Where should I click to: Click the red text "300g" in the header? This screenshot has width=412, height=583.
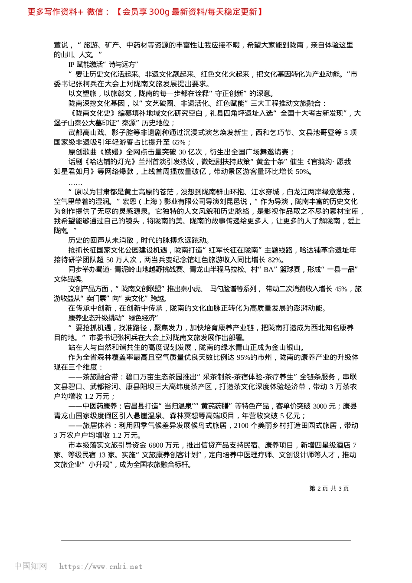(x=159, y=12)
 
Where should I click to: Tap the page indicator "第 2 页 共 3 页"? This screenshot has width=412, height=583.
(x=329, y=488)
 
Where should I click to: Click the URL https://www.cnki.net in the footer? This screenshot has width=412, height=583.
(x=101, y=567)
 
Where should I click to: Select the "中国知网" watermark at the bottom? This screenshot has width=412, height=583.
(x=30, y=566)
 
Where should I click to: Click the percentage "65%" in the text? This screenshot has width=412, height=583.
(x=179, y=142)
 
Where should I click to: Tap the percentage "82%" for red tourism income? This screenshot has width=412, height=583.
(x=275, y=260)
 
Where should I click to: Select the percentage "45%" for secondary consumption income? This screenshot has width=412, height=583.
(x=341, y=289)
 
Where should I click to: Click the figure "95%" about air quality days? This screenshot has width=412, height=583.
(x=244, y=357)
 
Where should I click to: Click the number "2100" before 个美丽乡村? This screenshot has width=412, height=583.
(x=241, y=426)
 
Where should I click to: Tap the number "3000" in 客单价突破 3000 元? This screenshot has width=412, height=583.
(x=320, y=406)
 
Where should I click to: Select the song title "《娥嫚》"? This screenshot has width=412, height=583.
(x=111, y=152)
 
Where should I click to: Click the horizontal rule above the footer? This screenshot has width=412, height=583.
(x=206, y=540)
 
